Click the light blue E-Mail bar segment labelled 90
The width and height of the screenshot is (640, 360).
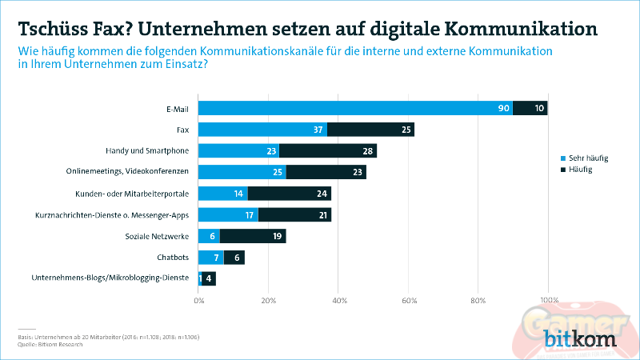point(355,108)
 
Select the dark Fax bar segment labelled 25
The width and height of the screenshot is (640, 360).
point(370,130)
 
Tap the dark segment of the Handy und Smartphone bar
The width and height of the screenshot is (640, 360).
point(327,150)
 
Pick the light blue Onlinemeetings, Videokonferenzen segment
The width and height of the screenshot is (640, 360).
point(242,172)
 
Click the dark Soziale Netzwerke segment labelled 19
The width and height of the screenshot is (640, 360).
point(252,236)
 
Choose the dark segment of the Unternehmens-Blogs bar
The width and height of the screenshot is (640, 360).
point(209,279)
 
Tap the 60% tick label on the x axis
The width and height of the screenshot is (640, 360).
point(408,301)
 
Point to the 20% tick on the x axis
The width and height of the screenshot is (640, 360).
point(268,301)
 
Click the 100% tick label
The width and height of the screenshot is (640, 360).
point(548,301)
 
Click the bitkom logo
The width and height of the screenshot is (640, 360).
point(581,340)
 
